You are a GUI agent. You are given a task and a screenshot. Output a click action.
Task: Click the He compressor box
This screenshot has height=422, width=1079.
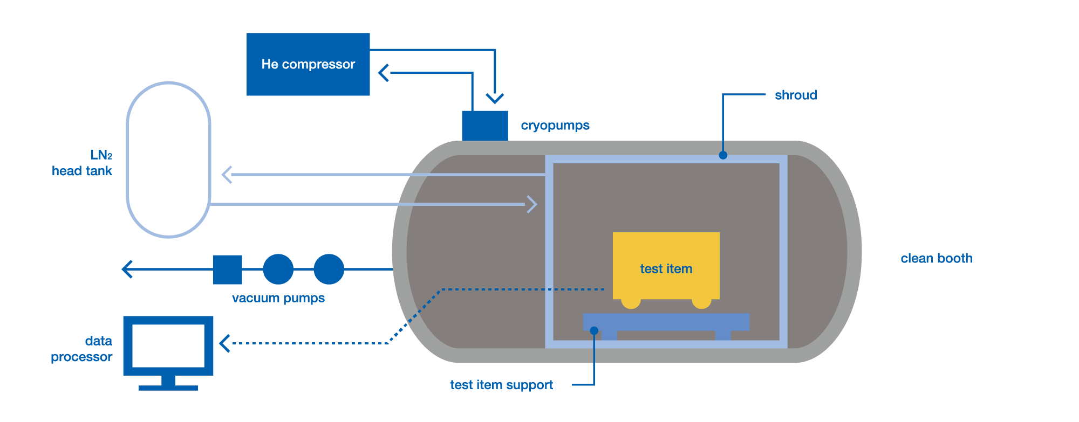[x=308, y=64]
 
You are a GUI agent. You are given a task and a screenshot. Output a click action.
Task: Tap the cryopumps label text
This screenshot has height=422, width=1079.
[x=555, y=126]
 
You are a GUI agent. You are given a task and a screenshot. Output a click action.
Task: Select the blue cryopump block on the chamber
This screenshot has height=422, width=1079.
[x=484, y=126]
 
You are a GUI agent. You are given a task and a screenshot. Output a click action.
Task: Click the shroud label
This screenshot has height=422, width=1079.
[x=795, y=95]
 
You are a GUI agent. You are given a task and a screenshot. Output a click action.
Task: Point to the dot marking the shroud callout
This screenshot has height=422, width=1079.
[x=723, y=155]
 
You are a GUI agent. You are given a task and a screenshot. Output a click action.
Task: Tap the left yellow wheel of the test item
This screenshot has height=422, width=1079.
[x=631, y=303]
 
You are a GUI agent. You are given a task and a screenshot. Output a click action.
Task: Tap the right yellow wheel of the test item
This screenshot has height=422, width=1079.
[x=701, y=303]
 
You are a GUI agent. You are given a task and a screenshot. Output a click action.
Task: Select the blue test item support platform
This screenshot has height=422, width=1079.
[x=666, y=322]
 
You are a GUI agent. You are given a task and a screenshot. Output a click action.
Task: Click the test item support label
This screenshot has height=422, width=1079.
[x=501, y=385]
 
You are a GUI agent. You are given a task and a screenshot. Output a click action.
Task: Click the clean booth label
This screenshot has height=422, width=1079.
[x=936, y=259]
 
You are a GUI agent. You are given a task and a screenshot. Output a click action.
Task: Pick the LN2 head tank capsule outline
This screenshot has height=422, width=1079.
[x=168, y=160]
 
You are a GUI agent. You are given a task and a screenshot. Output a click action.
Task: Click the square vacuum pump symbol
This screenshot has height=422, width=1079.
[x=228, y=269]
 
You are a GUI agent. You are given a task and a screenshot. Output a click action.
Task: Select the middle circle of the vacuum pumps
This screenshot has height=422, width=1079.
[x=278, y=269]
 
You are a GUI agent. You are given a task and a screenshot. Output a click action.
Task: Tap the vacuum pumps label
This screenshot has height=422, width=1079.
[x=278, y=298]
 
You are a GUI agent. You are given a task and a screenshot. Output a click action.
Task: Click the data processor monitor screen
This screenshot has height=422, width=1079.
[x=168, y=345]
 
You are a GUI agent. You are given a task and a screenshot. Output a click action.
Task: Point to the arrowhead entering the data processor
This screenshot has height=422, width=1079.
[x=225, y=343]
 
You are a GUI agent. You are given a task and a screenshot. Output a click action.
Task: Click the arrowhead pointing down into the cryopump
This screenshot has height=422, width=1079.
[x=495, y=98]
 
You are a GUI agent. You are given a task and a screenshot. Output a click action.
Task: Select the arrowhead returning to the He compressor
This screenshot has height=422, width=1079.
[x=384, y=73]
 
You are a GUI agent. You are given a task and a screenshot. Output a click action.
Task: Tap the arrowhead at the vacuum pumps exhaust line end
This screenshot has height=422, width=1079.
[x=127, y=269]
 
